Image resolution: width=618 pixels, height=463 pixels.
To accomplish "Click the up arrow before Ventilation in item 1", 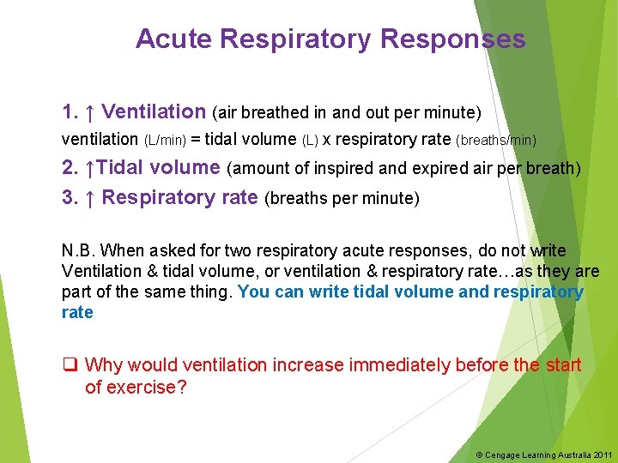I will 90,112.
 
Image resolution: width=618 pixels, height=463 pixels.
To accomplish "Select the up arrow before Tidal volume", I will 92,168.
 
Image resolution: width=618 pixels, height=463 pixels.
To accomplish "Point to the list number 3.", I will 70,198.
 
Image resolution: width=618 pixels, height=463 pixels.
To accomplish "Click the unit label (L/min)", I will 164,140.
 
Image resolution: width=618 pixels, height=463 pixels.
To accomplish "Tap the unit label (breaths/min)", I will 496,140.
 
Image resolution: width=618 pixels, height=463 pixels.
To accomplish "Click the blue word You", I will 253,292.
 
